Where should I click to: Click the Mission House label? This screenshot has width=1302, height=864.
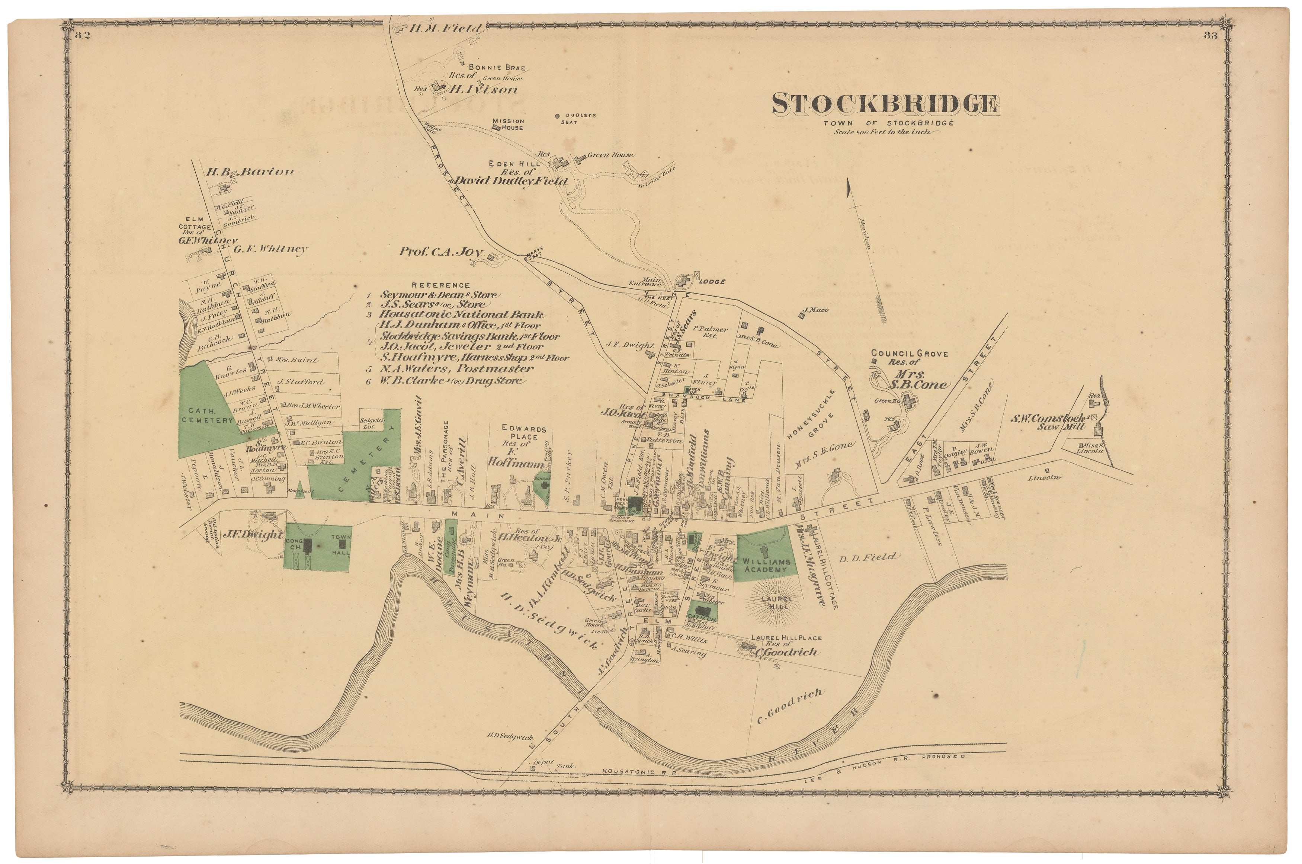[508, 124]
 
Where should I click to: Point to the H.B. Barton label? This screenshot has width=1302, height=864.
[250, 172]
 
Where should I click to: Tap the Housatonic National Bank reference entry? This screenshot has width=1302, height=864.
[462, 315]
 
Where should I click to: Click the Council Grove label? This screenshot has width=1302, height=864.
[909, 353]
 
